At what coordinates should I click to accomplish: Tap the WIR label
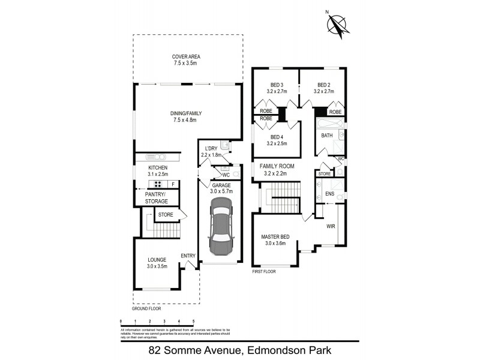(x=331, y=226)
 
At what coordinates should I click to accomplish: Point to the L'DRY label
(x=211, y=148)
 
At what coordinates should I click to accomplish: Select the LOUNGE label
(x=157, y=259)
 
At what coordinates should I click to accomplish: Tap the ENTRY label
(x=188, y=256)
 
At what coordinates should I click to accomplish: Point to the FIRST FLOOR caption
(x=265, y=271)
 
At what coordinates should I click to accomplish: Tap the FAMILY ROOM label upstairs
(x=276, y=166)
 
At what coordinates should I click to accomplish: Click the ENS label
(x=329, y=194)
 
